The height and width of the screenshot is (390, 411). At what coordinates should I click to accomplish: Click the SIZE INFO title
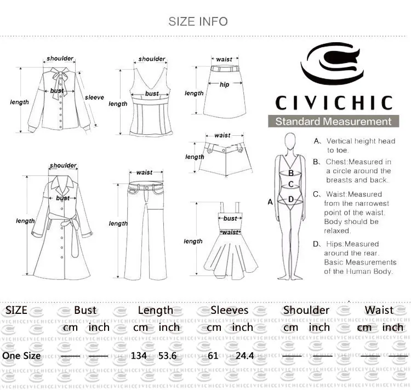tap(198, 21)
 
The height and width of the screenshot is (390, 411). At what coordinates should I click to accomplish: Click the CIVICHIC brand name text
tap(334, 102)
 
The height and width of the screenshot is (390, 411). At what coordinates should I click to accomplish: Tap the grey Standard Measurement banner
tap(333, 121)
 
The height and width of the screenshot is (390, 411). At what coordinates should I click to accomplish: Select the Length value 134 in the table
tap(139, 355)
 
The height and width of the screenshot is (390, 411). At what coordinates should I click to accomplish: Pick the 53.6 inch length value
tap(168, 355)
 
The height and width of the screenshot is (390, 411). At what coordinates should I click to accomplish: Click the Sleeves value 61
tap(213, 355)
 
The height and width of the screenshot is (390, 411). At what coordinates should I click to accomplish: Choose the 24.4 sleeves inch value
tap(244, 355)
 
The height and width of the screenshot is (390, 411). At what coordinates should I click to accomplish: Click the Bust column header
tap(85, 310)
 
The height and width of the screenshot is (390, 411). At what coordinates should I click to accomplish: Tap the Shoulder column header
tap(306, 310)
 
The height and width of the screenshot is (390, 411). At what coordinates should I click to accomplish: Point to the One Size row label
tap(21, 355)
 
